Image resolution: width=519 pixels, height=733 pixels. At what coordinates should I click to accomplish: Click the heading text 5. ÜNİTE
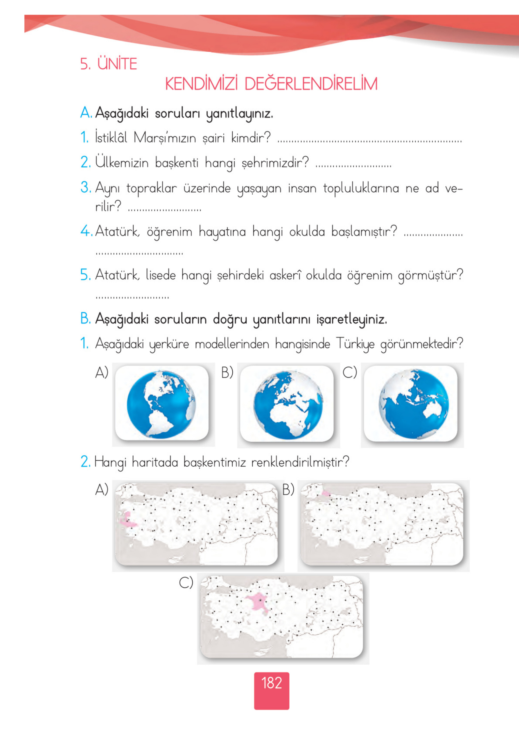click(x=109, y=64)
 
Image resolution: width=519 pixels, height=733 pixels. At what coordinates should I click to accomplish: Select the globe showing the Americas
click(x=161, y=404)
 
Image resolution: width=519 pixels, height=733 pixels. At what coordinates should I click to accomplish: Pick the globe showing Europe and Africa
click(x=288, y=404)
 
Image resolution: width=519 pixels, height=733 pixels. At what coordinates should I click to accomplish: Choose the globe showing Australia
click(x=413, y=404)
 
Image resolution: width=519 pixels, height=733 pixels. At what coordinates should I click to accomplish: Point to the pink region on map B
click(x=326, y=494)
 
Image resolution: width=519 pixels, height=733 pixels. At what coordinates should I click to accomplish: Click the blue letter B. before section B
click(x=85, y=318)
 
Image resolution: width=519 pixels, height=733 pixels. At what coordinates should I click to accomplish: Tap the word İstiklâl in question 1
click(x=111, y=138)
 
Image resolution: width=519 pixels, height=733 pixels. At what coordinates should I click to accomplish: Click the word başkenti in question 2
click(x=176, y=163)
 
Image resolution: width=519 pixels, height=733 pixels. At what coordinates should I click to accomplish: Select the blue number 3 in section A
click(x=85, y=187)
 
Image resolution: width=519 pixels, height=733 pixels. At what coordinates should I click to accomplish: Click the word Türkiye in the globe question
click(x=355, y=344)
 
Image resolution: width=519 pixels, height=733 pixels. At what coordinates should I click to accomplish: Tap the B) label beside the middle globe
click(x=227, y=372)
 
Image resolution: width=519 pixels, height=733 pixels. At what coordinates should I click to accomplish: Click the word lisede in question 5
click(x=160, y=275)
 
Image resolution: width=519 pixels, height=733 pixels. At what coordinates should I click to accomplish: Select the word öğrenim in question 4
click(x=169, y=232)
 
